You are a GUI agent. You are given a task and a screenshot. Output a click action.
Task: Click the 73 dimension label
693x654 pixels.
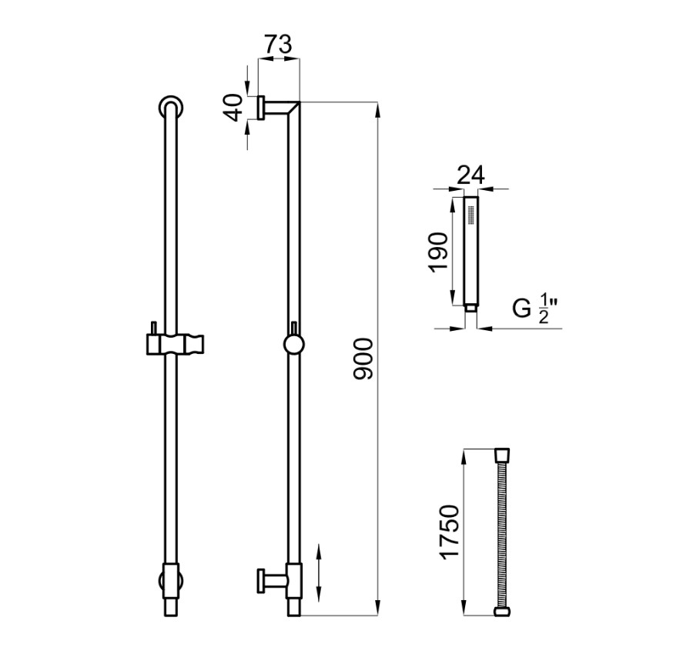pos(279,45)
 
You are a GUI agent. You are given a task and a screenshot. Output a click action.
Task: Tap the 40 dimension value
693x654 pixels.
pos(235,108)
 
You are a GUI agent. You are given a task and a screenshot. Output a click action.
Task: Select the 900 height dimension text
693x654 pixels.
pos(363,359)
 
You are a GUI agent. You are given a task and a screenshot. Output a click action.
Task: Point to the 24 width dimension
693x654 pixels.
pos(470,175)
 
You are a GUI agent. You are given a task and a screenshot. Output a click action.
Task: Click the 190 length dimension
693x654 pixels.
pos(438,252)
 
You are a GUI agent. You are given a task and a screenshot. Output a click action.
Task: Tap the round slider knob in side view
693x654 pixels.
pos(293,344)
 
